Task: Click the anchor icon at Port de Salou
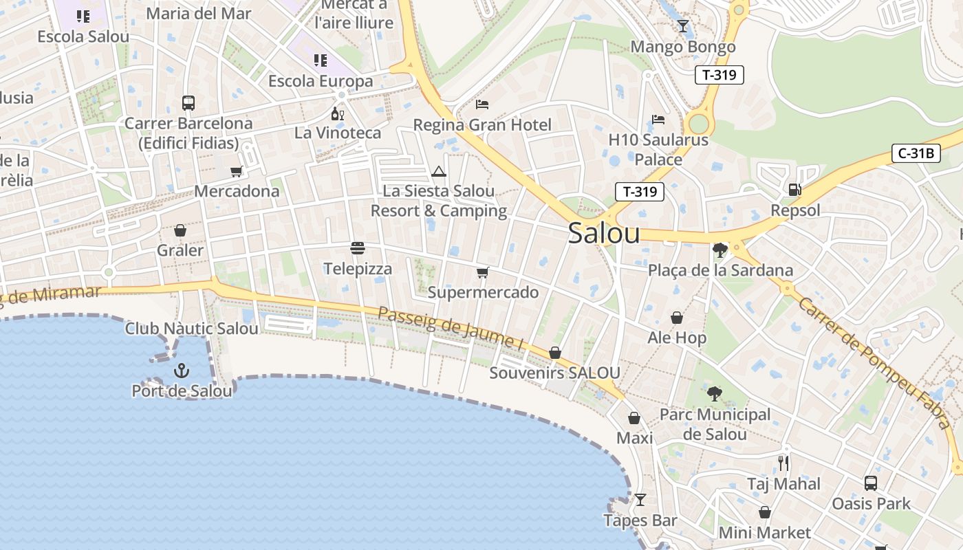tap(181, 371)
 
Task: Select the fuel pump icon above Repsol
tap(794, 189)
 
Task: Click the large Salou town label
tap(604, 234)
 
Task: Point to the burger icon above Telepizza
tap(357, 247)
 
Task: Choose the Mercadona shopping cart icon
tap(237, 171)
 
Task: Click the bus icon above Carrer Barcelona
tap(188, 103)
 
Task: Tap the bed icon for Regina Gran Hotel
tap(482, 104)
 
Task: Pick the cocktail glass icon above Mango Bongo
tap(682, 26)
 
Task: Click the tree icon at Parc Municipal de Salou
tap(715, 394)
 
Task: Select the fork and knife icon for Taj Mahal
tap(783, 463)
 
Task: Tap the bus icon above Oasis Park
tap(871, 483)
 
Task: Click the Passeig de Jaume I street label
tap(446, 327)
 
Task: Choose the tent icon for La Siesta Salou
tap(439, 171)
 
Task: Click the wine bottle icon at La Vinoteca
tap(337, 113)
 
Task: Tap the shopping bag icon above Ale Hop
tap(677, 318)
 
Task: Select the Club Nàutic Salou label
tap(191, 329)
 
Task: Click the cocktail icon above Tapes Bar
tap(640, 500)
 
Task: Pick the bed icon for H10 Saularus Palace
tap(658, 120)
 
